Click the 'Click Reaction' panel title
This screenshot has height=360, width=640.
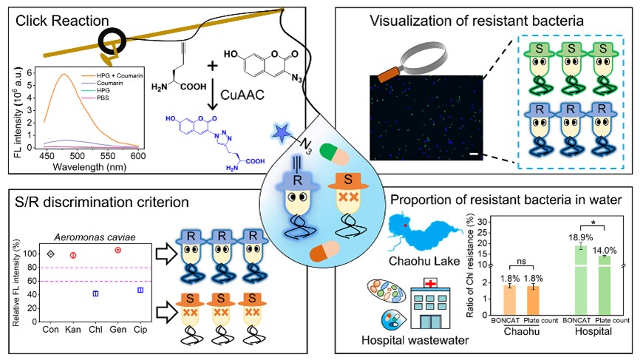tap(62, 21)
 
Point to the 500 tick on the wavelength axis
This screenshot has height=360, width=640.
tap(77, 156)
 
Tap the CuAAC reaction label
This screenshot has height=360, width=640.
tap(242, 95)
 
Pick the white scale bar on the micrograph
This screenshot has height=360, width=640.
tap(474, 154)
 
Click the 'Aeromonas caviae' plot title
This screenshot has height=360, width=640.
tap(95, 237)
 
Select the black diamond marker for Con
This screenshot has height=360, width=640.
tap(50, 254)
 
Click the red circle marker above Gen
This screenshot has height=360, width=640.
tap(118, 250)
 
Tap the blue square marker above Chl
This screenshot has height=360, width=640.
tap(95, 293)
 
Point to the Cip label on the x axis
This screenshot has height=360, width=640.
tap(140, 330)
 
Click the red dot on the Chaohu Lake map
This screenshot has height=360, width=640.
tap(405, 225)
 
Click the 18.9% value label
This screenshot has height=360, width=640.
tap(581, 237)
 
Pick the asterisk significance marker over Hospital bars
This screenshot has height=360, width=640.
tap(592, 223)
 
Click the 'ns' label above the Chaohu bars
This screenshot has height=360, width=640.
tap(522, 262)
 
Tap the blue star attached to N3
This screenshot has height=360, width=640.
tap(282, 134)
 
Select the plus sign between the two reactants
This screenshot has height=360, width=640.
tap(212, 66)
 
